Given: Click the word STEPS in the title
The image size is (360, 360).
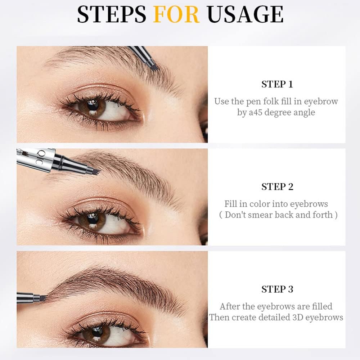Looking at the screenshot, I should point(112,14).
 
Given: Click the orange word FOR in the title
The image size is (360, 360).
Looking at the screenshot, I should point(176,14).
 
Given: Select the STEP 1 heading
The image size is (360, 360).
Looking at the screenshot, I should point(277,85).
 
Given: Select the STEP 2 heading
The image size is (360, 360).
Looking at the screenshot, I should point(277,187).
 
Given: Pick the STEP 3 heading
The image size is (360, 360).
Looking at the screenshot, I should point(277,289).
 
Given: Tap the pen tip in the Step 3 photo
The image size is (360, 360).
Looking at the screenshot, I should point(43,298).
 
